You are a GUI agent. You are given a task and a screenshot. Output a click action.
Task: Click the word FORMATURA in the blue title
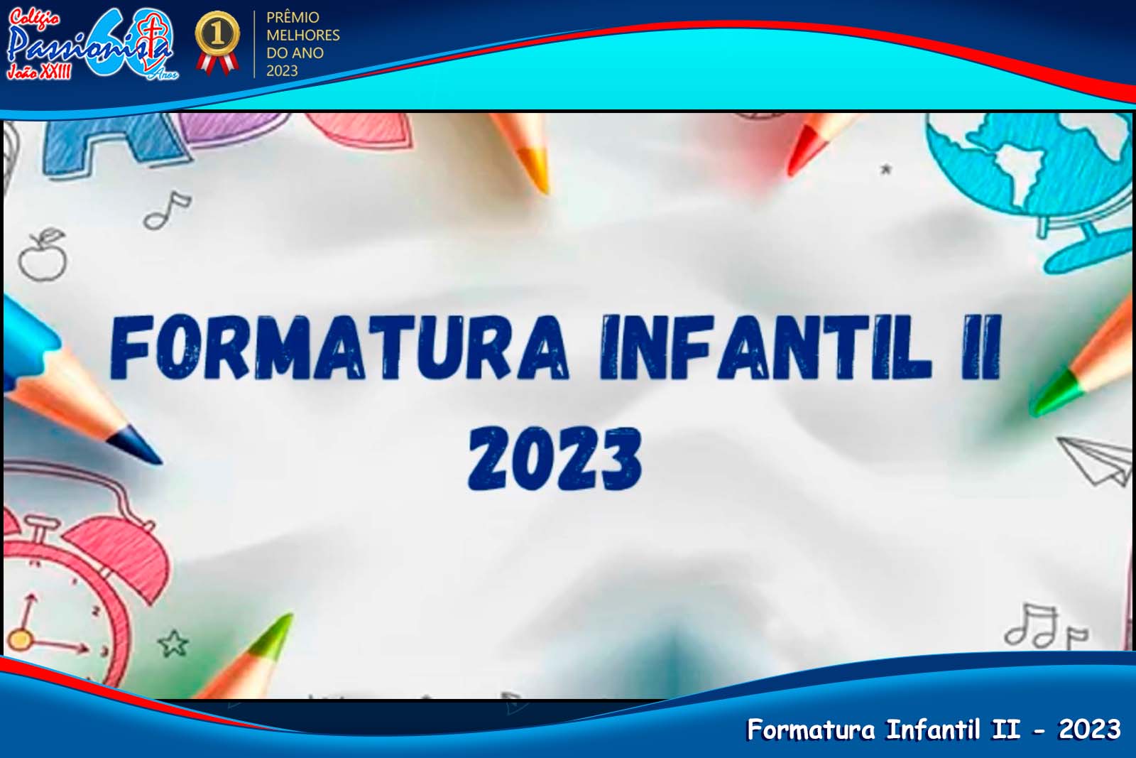(x=339, y=348)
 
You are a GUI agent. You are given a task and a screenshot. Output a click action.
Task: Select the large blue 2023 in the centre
(x=555, y=459)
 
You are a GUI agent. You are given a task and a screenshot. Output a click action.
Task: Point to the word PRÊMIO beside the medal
(x=293, y=17)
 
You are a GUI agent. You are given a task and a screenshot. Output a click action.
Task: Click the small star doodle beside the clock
(x=173, y=643)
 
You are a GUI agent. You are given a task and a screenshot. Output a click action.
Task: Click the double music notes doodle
(x=1044, y=627)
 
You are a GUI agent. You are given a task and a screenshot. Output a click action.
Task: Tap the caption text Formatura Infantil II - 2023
(x=933, y=730)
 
